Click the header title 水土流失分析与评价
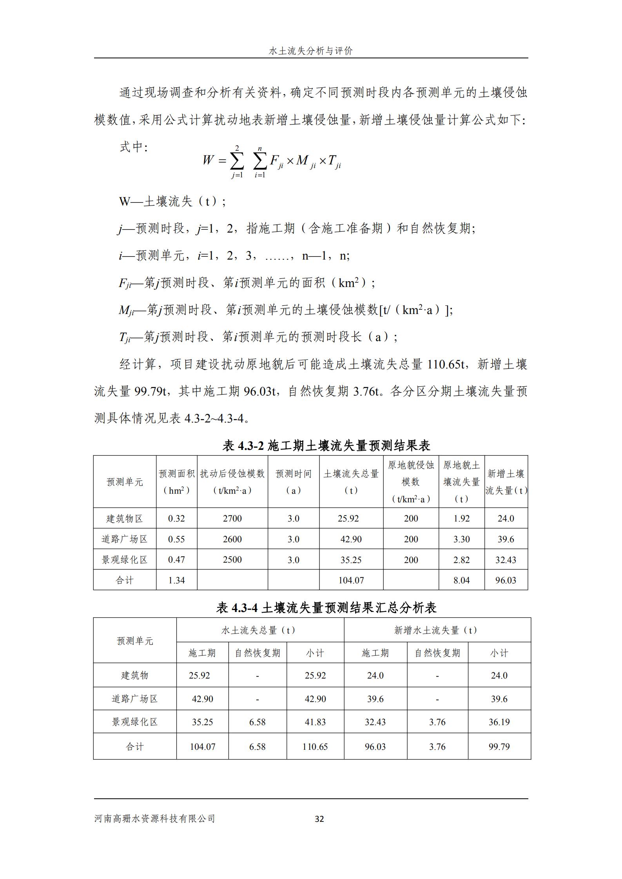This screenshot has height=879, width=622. tap(311, 51)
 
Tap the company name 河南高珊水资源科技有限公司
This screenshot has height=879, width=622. tap(155, 818)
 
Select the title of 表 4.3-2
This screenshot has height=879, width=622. tap(326, 446)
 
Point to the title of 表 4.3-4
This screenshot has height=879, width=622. tap(326, 608)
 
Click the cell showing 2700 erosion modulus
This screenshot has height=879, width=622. tap(232, 518)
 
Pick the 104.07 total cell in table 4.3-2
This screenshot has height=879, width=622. tap(351, 580)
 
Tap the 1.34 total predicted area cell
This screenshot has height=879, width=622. tap(176, 580)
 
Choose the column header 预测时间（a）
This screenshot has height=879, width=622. tap(294, 482)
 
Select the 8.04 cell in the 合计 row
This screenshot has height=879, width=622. tap(461, 580)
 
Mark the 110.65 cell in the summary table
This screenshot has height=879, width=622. tap(315, 747)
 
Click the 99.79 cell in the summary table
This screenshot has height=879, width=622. tap(499, 747)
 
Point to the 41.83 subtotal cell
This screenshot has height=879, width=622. tap(315, 722)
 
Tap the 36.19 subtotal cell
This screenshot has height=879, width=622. tap(499, 722)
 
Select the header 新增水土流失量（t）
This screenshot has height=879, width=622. tap(437, 630)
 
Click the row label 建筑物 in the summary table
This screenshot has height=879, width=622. tap(135, 675)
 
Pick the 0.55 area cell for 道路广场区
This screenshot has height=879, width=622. tap(176, 539)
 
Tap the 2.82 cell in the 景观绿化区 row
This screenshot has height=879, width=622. tap(461, 560)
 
